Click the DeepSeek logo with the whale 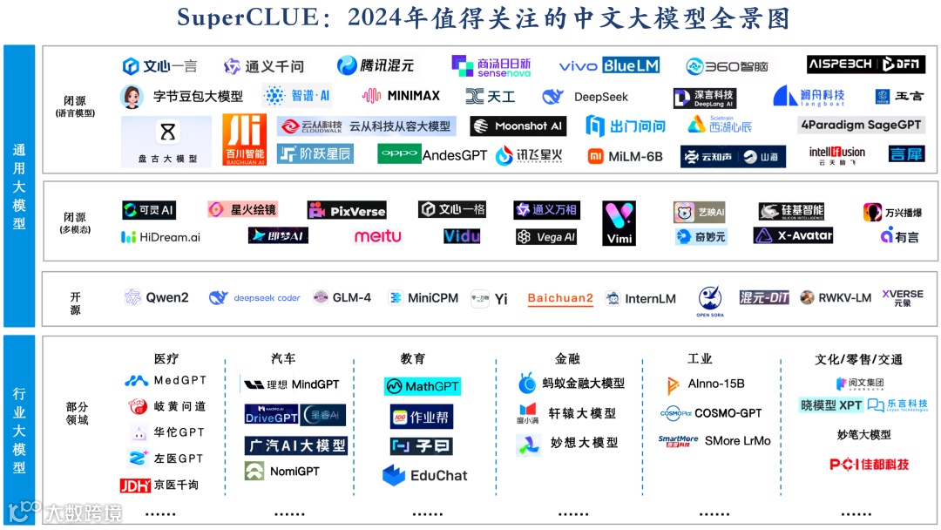(585, 97)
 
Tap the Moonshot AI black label (518, 126)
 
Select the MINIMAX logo (402, 96)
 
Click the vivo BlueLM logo (609, 65)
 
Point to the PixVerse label (347, 210)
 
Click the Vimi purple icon (619, 223)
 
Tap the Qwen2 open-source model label (157, 297)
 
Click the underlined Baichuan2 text (560, 298)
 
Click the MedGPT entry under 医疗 (165, 381)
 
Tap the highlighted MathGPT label (422, 385)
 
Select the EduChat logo (425, 475)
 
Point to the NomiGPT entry (282, 472)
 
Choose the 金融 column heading (567, 358)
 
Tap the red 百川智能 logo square (244, 139)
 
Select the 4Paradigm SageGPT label (861, 125)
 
